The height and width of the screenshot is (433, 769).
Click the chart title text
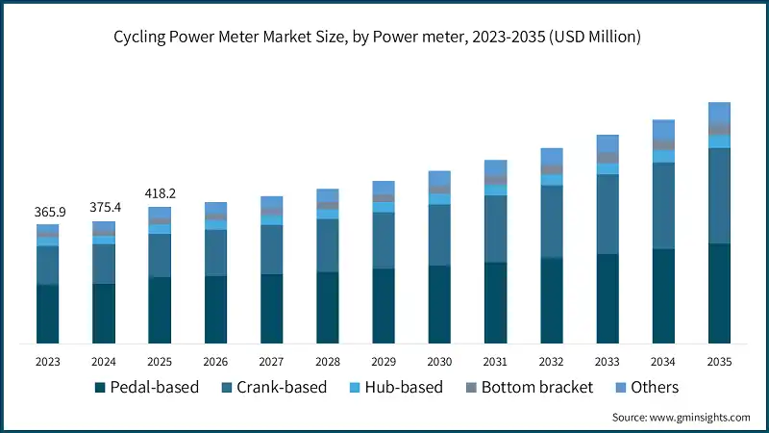coord(384,37)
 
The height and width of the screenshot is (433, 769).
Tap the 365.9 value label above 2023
coord(48,212)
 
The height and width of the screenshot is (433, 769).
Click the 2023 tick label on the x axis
coord(48,361)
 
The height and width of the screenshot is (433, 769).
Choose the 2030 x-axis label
coord(439,361)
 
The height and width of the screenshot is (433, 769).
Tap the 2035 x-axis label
coord(719,361)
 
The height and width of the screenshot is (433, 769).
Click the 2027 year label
coord(272,361)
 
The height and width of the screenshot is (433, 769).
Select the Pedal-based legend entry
coord(146,387)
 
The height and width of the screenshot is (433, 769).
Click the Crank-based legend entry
coord(274,387)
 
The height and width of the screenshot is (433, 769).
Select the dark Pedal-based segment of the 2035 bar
coord(719,293)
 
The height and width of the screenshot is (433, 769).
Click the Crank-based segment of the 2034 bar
coord(663,206)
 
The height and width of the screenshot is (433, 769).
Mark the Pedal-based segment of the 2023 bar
coord(48,314)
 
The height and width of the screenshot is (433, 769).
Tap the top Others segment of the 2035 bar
coord(719,112)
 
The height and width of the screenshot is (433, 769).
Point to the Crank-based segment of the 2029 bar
coord(384,241)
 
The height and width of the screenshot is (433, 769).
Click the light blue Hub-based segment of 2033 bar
coord(608,168)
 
